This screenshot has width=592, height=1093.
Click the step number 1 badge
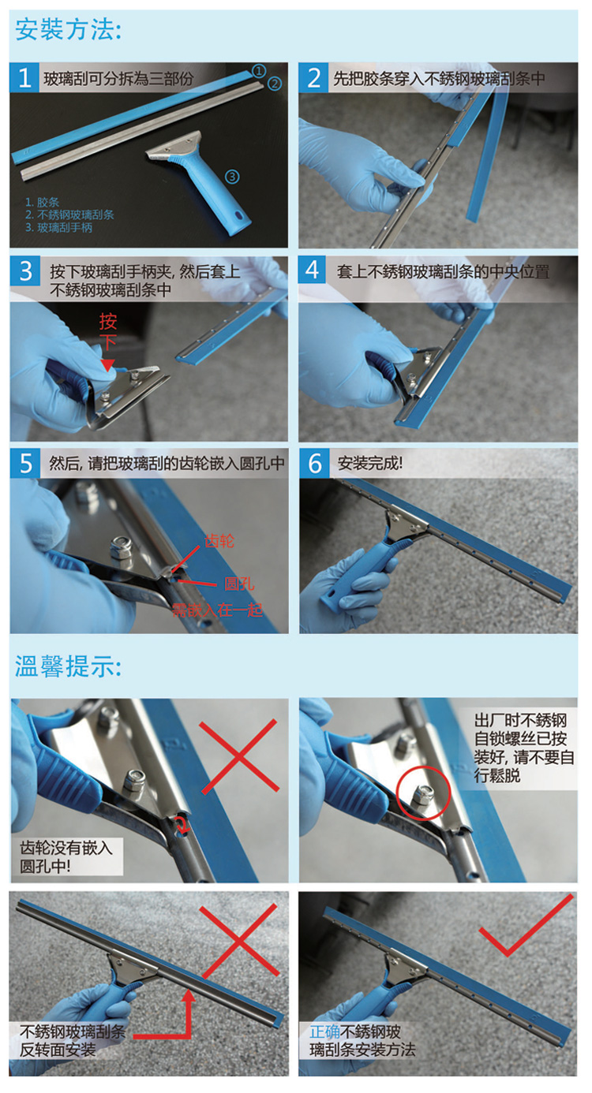(x=24, y=77)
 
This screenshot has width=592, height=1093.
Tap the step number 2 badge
(x=314, y=77)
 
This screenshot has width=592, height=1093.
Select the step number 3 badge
(x=25, y=271)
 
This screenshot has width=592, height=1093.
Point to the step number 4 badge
(x=313, y=270)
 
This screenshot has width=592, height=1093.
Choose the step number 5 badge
(x=25, y=464)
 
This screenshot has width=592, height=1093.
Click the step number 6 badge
(x=315, y=463)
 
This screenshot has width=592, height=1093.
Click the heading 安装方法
(x=68, y=29)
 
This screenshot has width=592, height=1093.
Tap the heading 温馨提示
(x=68, y=666)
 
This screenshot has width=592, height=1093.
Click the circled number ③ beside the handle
(x=232, y=177)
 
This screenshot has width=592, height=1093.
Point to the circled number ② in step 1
(x=275, y=84)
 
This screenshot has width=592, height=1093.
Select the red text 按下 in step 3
(x=108, y=332)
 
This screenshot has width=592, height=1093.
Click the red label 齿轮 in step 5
(x=219, y=541)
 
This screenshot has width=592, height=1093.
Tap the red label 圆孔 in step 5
(x=239, y=583)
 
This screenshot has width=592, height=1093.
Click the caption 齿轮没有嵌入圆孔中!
(x=66, y=856)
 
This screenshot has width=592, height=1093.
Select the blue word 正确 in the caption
(x=325, y=1031)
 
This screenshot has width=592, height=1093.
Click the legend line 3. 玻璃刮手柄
(x=58, y=227)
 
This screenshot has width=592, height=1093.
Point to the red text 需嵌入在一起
(x=217, y=610)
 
